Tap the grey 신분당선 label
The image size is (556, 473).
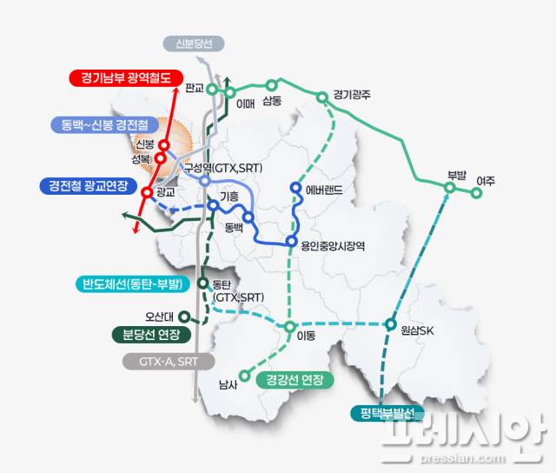point(194,43)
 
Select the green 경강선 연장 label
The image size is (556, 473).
point(295,380)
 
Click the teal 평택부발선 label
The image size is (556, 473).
point(387,413)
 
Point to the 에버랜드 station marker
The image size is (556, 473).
point(295,189)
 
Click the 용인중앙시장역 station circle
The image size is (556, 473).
point(291,242)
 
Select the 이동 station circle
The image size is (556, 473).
point(290,328)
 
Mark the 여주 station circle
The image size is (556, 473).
point(476,194)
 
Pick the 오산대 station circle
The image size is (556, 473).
point(182,316)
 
